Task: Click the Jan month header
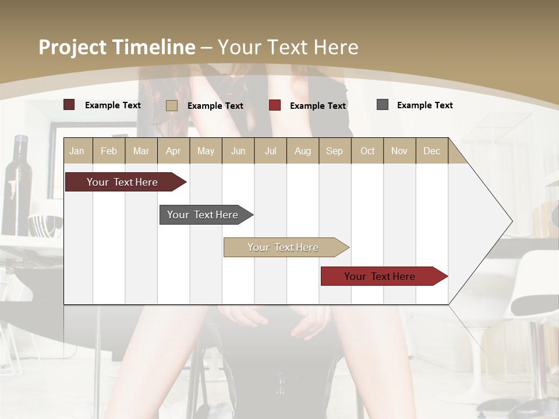click(77, 151)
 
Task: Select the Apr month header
click(173, 151)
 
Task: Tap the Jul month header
click(270, 151)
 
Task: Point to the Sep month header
click(334, 151)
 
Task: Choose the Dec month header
click(431, 151)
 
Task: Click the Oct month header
click(367, 151)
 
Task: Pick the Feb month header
click(109, 151)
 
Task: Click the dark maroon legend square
click(69, 105)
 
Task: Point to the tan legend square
click(171, 105)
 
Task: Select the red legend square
click(274, 105)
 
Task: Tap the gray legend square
click(382, 105)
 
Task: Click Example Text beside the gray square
click(424, 105)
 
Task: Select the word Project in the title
click(72, 47)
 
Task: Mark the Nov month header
click(399, 151)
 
